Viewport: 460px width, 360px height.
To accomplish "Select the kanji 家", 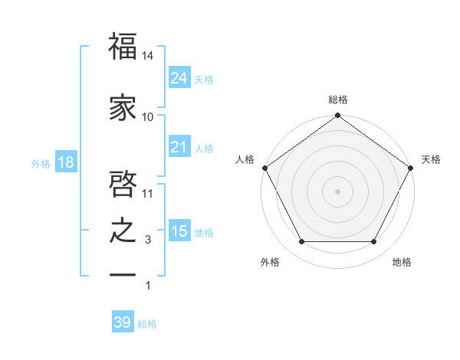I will tap(123, 108).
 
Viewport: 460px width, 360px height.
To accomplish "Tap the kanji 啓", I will tap(123, 185).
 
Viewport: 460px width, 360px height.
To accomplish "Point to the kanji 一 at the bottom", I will tap(123, 274).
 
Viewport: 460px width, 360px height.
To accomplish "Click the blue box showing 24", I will tap(179, 77).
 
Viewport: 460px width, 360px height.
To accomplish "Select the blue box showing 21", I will tap(179, 147).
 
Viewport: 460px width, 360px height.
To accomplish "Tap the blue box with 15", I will tap(179, 231).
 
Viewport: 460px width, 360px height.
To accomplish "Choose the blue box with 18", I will tap(65, 163).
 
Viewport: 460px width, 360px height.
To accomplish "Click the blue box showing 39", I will tap(122, 322).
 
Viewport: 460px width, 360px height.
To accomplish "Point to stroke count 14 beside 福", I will tap(148, 56).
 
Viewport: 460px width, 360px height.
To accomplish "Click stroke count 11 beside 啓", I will tap(148, 194).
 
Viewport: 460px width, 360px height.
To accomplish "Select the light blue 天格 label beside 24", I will tap(204, 80).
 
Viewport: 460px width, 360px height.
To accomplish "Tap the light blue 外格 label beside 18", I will tap(41, 164).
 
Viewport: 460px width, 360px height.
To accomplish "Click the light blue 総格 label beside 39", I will tap(147, 324).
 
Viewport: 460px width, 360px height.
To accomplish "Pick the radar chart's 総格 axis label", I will tap(338, 100).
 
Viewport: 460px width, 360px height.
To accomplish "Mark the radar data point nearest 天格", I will tap(411, 168).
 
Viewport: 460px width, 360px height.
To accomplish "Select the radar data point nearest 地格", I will tap(374, 242).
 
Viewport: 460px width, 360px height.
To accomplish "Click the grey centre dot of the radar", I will tap(338, 191).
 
